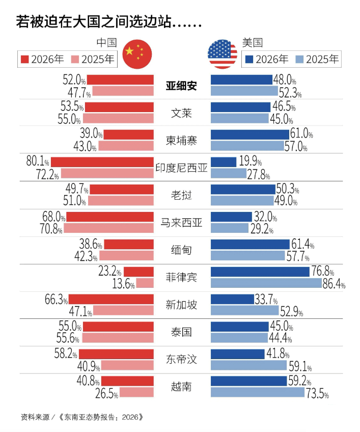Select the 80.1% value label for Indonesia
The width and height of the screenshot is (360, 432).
37,162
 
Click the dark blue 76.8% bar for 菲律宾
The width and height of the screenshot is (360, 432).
260,272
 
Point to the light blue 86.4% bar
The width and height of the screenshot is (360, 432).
266,283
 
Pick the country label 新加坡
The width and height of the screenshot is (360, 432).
181,305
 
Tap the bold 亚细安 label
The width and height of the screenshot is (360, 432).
181,86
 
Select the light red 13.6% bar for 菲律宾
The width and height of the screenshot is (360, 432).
145,283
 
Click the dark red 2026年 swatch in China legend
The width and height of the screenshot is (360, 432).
25,59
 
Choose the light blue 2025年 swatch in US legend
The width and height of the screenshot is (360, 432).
300,59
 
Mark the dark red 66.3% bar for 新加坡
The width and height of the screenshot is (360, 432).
111,299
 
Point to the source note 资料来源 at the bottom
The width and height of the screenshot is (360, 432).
82,417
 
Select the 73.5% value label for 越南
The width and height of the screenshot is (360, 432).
317,394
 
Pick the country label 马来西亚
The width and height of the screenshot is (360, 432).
181,223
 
